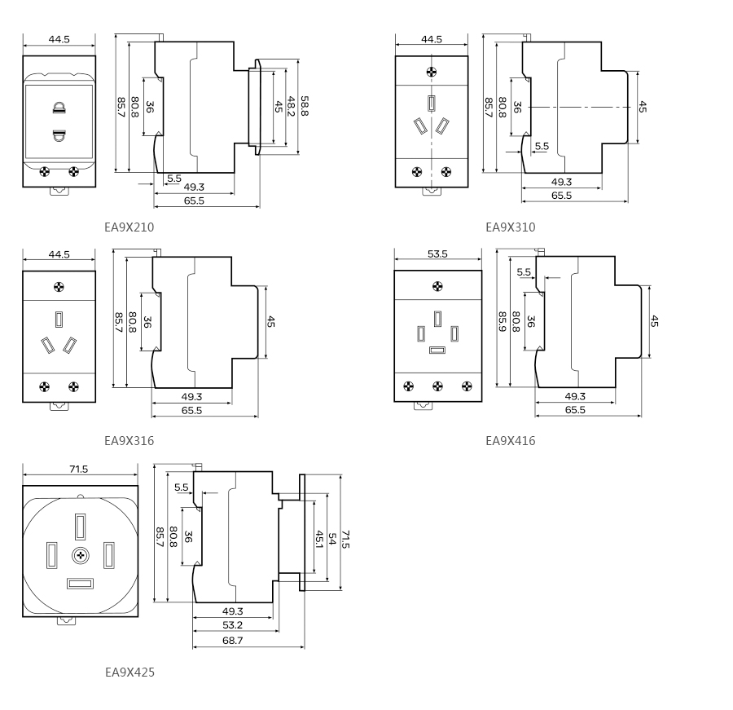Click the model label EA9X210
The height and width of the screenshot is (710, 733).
[129, 227]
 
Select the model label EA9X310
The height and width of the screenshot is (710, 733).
[511, 227]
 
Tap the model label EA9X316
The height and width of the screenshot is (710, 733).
[129, 441]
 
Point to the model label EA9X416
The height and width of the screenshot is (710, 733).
[511, 441]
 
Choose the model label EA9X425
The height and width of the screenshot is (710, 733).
[129, 673]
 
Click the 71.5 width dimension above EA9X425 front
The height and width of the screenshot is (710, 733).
[79, 469]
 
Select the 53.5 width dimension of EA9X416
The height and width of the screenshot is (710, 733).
[437, 254]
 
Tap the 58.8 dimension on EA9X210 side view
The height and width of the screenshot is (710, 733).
[304, 106]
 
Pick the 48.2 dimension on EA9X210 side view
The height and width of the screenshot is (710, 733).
[291, 106]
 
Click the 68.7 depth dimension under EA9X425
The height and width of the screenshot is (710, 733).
[233, 641]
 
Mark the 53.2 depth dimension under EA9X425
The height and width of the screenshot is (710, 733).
[233, 625]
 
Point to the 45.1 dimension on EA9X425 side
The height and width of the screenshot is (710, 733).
[319, 540]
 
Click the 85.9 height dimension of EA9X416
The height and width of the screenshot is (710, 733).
[502, 321]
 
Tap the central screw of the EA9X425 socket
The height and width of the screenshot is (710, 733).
[80, 555]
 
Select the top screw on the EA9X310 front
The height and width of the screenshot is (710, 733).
[432, 72]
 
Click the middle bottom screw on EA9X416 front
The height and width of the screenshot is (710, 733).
[437, 386]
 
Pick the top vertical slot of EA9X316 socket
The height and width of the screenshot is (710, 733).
[59, 319]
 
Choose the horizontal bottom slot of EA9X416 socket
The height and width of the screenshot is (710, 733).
[437, 351]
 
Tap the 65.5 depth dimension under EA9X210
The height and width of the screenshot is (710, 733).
[194, 200]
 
